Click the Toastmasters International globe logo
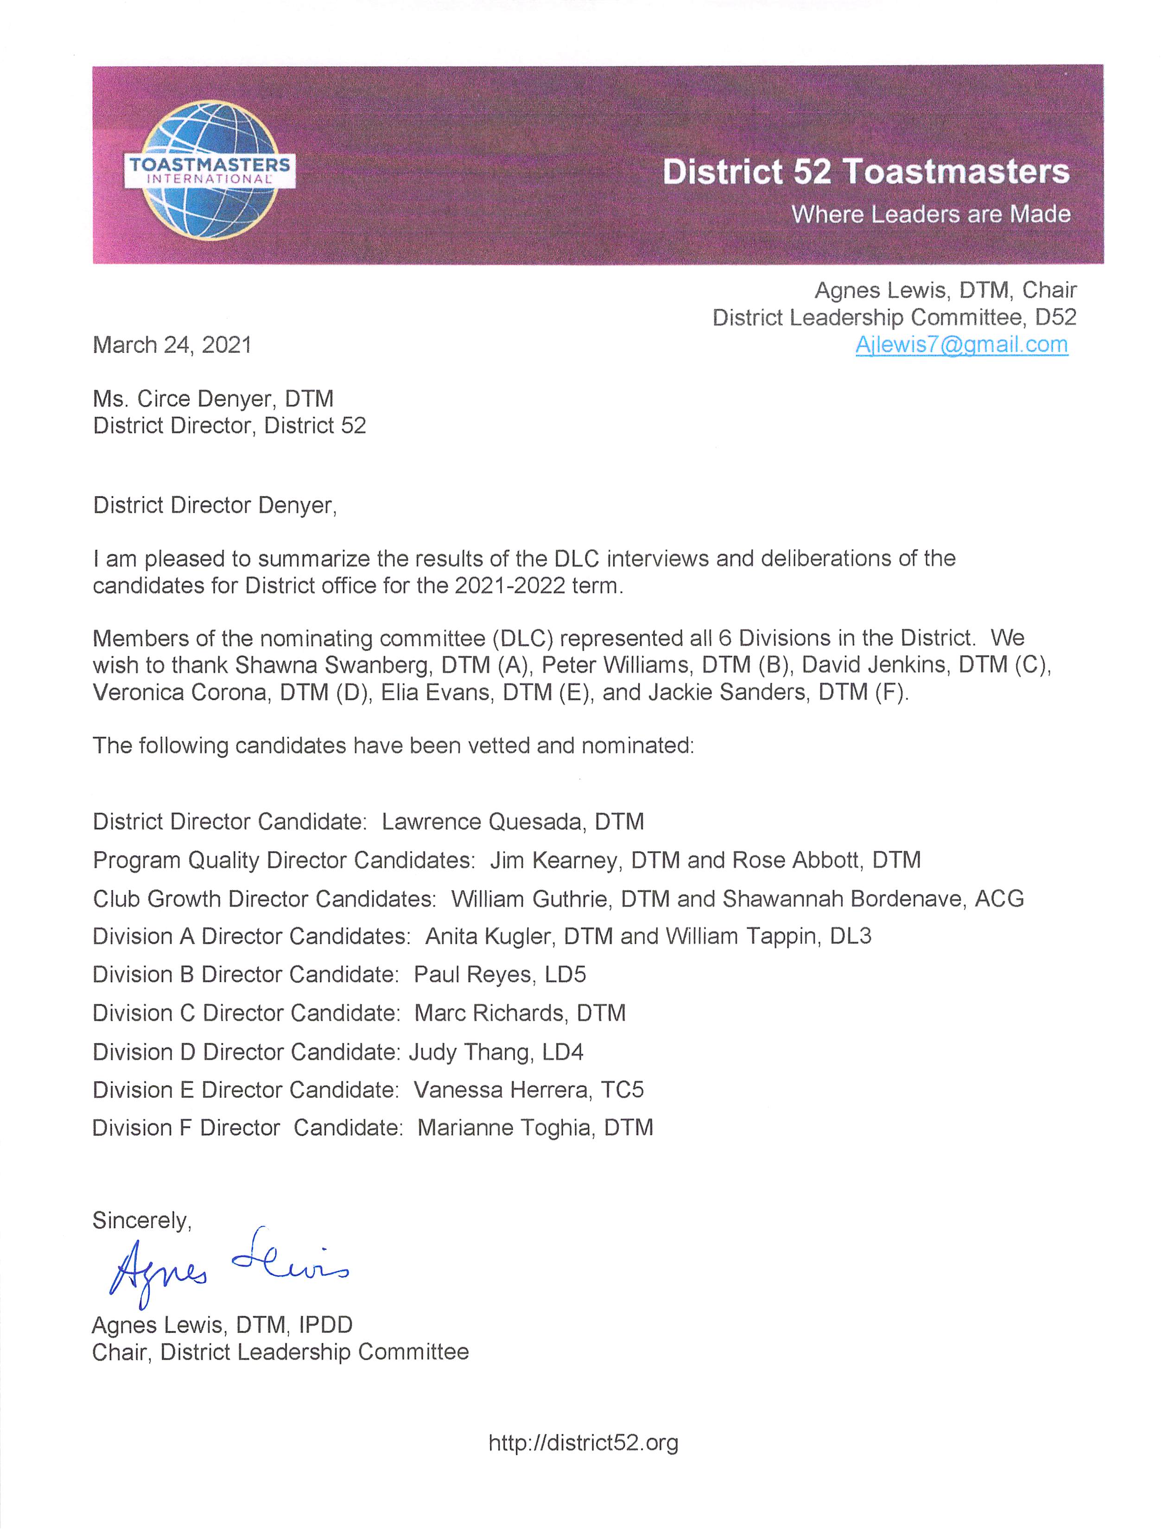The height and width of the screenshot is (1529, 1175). (x=209, y=170)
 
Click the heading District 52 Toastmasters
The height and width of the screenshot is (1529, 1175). (x=865, y=172)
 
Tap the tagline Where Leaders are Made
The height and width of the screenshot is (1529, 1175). (x=930, y=214)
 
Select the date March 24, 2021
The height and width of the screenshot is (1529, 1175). (x=172, y=345)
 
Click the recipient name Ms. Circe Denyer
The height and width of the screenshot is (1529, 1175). (x=182, y=399)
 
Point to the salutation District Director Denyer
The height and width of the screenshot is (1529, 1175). (x=214, y=505)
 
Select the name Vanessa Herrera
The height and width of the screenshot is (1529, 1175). (x=501, y=1090)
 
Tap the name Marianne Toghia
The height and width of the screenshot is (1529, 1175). (x=504, y=1128)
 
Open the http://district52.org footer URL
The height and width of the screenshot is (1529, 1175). (x=583, y=1442)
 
